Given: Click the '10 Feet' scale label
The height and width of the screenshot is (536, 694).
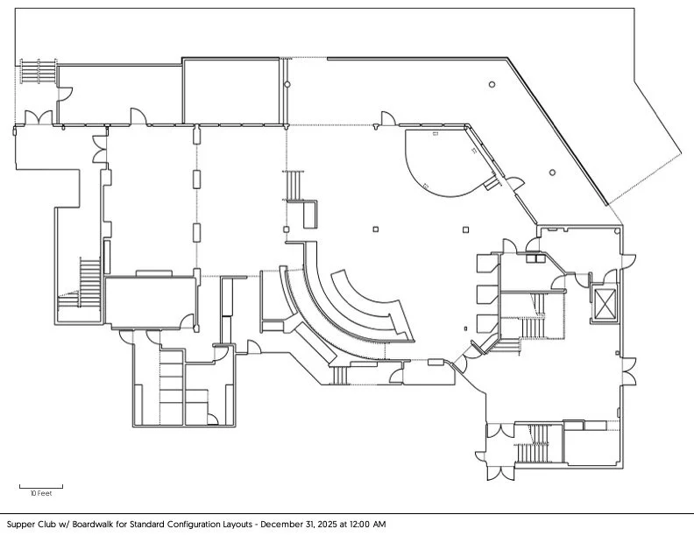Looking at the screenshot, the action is pos(41,494).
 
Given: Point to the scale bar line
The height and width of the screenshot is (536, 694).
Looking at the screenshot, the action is pos(41,486).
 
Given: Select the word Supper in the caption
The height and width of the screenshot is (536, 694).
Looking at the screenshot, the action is pos(19,525).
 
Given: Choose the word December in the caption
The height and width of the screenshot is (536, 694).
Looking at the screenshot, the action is pos(271,525).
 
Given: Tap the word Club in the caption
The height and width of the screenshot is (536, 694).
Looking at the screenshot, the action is pos(47,525).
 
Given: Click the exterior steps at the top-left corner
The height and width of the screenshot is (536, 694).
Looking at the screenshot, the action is pos(35,71).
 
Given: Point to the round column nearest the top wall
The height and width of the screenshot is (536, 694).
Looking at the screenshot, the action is pos(492,85).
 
